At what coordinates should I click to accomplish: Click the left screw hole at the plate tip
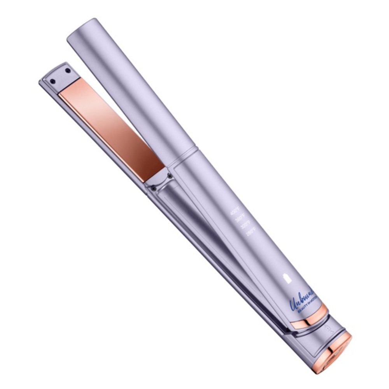[53, 81]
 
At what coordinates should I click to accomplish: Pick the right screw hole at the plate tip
[68, 71]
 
